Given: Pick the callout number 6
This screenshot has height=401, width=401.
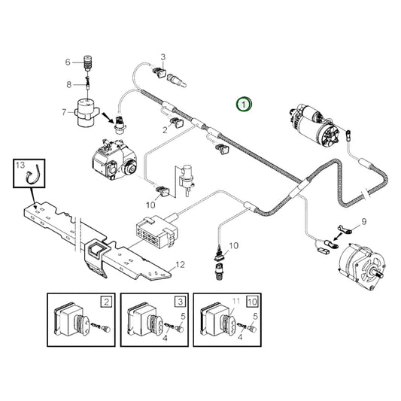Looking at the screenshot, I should [x=66, y=62].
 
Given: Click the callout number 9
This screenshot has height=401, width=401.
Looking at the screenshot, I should [x=363, y=221].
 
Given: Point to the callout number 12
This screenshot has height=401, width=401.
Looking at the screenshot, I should [x=179, y=265].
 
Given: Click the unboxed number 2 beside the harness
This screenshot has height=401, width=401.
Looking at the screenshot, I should [x=165, y=129].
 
